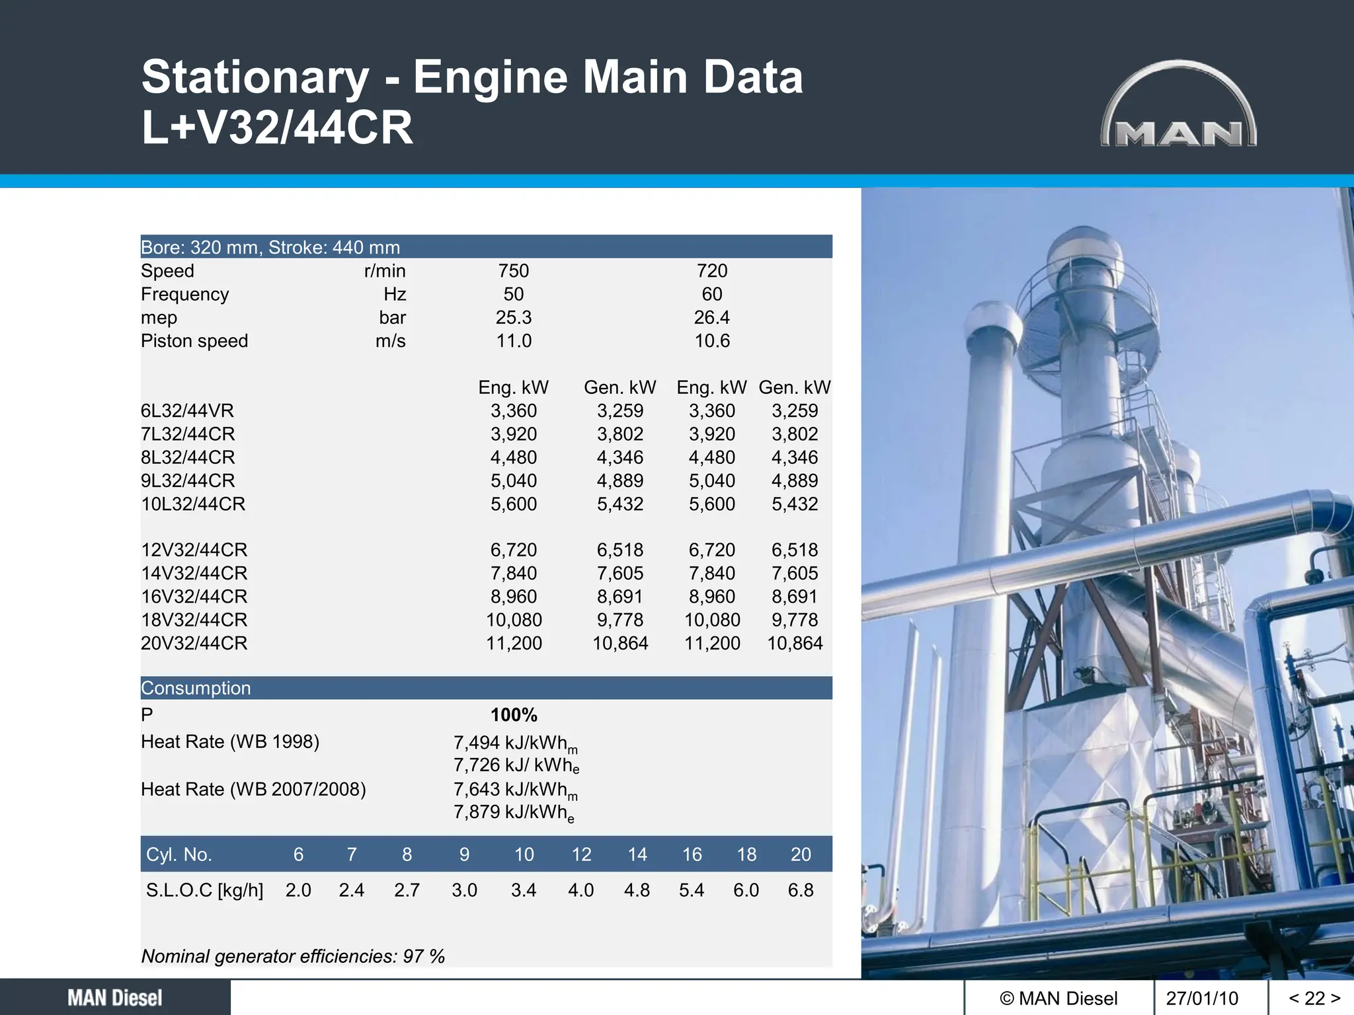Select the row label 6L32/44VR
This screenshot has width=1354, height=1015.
pyautogui.click(x=187, y=411)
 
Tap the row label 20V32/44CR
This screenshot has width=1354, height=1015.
pyautogui.click(x=194, y=643)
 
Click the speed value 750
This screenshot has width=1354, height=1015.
pyautogui.click(x=513, y=271)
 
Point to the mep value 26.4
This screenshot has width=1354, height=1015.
pyautogui.click(x=711, y=318)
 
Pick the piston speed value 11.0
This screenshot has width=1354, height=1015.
pyautogui.click(x=514, y=341)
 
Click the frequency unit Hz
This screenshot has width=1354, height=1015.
pyautogui.click(x=395, y=294)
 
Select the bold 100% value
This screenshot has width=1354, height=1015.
pyautogui.click(x=514, y=715)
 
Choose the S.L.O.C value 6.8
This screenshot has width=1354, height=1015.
pyautogui.click(x=800, y=890)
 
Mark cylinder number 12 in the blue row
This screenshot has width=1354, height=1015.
pyautogui.click(x=581, y=854)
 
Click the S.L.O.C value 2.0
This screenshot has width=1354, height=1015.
pyautogui.click(x=298, y=890)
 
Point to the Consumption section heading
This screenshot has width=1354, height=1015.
pyautogui.click(x=196, y=688)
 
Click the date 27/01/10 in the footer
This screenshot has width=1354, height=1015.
pyautogui.click(x=1202, y=998)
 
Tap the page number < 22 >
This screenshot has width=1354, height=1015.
pyautogui.click(x=1314, y=998)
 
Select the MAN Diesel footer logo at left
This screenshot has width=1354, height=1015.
pyautogui.click(x=115, y=998)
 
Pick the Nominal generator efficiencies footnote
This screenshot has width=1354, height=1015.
pyautogui.click(x=293, y=956)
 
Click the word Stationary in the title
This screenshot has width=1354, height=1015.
pyautogui.click(x=255, y=77)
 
